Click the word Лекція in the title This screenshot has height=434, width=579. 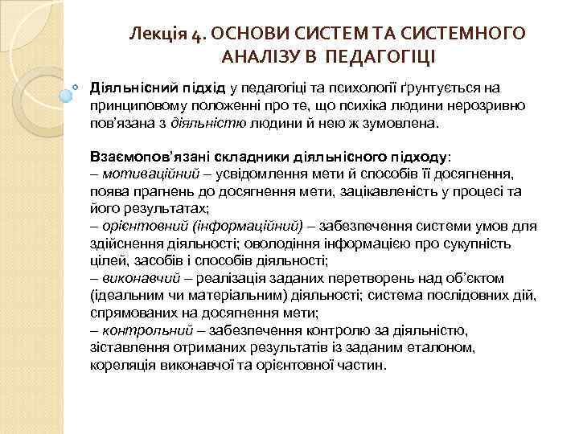(159, 35)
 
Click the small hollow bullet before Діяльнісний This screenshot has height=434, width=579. (75, 84)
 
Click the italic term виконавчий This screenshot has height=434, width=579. (134, 277)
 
